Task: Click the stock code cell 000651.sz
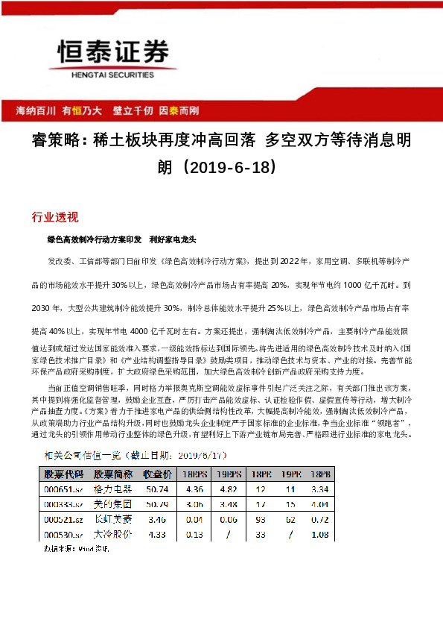point(63,489)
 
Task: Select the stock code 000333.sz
point(63,504)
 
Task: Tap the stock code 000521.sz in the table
point(63,519)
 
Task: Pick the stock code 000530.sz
point(63,534)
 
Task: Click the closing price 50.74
point(158,489)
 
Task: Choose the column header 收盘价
point(158,474)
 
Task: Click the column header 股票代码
point(64,474)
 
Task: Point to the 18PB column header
point(319,474)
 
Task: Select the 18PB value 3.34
point(319,489)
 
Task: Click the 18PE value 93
point(260,519)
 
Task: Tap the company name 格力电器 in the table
point(112,489)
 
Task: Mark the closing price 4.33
point(158,534)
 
